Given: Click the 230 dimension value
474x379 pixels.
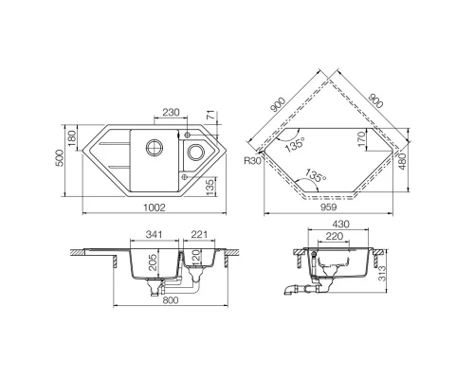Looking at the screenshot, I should tap(172, 114).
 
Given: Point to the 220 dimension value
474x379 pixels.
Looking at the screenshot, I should tap(334, 237).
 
